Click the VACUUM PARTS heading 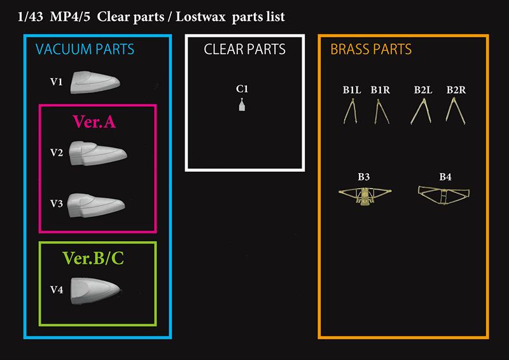[85, 50]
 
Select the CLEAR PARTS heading [245, 50]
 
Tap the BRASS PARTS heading [371, 50]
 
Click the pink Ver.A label [94, 121]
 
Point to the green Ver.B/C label [93, 258]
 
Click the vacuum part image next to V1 [95, 82]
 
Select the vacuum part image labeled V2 [98, 153]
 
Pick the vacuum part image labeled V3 [96, 205]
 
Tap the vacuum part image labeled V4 [96, 291]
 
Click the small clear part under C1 [242, 105]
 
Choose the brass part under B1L [351, 112]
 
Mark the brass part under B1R [380, 112]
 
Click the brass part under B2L [421, 112]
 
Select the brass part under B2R [455, 111]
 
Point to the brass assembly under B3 [365, 196]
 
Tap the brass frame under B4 [443, 195]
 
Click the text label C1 [242, 89]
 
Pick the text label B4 [445, 177]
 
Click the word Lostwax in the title [200, 17]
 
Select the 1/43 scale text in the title [30, 17]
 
